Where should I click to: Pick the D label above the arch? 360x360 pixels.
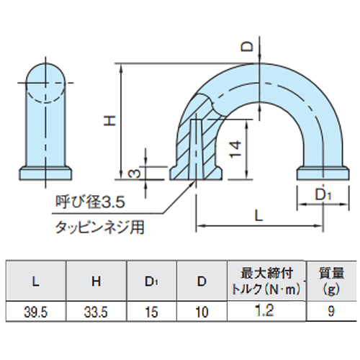click(246, 47)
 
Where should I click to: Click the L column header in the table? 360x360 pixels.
click(35, 282)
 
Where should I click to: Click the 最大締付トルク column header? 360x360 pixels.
click(266, 281)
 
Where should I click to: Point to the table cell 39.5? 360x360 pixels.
click(35, 312)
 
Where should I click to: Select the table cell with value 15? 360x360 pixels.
click(150, 312)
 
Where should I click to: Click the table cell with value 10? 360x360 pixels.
click(201, 312)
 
